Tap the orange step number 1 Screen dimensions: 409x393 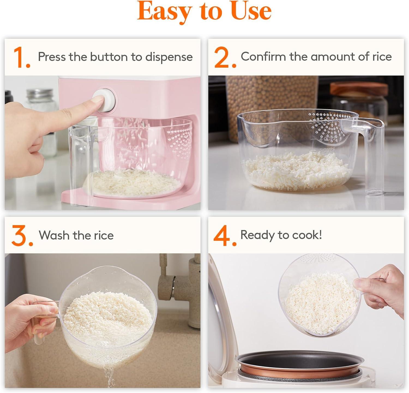21,57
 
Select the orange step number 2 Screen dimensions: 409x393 225,57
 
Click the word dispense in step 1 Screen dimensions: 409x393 169,57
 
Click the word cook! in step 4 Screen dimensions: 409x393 307,235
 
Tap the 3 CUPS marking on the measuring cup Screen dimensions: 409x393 327,150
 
